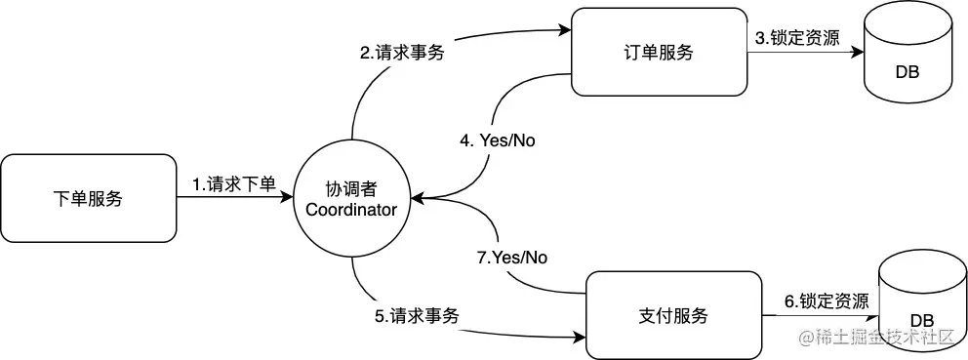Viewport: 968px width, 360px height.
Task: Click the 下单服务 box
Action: click(88, 199)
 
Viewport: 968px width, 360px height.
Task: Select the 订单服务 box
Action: click(659, 53)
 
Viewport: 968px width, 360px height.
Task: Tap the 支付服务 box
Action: click(673, 316)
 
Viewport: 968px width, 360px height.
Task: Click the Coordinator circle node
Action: click(351, 199)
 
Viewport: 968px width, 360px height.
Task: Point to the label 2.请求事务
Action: click(402, 53)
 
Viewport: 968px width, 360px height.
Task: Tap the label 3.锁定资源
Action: click(794, 38)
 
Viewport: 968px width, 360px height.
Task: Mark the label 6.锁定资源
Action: click(827, 301)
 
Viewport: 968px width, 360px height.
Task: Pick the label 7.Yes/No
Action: click(507, 258)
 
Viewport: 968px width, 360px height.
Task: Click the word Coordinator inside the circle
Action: click(351, 210)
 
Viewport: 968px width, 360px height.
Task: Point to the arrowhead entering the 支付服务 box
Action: click(579, 340)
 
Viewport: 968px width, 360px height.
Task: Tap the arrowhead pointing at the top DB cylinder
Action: click(862, 53)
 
